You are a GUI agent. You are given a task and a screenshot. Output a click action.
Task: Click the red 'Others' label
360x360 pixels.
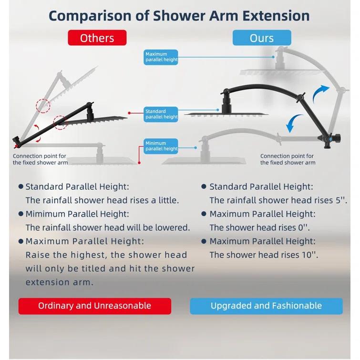(x=97, y=38)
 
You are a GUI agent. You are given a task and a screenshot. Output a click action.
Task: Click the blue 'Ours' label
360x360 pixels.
(x=261, y=38)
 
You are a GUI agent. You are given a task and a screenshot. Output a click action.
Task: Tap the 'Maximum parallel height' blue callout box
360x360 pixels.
(x=161, y=57)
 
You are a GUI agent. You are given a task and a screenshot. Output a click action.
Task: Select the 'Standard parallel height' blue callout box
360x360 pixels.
(x=161, y=114)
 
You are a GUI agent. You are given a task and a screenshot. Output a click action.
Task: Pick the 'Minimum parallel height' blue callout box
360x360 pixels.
(x=161, y=146)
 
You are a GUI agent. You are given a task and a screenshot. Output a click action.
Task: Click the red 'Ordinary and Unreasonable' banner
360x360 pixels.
(x=94, y=306)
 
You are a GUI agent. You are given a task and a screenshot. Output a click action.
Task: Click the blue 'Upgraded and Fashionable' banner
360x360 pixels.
(x=266, y=306)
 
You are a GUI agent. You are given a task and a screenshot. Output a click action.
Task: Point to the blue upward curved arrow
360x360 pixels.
(x=320, y=94)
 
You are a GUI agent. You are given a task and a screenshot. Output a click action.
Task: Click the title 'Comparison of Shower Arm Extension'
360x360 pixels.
(x=179, y=15)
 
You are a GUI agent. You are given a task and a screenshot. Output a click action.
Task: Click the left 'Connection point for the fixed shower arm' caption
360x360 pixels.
(x=40, y=159)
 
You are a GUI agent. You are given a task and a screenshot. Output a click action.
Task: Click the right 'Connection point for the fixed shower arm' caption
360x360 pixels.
(x=287, y=159)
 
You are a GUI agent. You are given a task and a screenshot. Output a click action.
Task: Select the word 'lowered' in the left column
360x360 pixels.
(x=173, y=227)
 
